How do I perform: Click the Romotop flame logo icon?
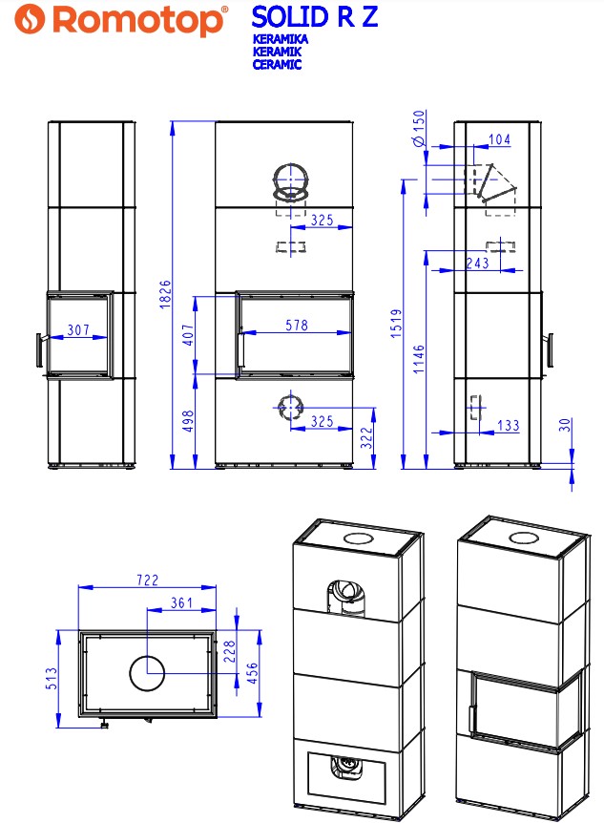pyautogui.click(x=30, y=19)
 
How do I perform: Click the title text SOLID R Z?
pyautogui.click(x=314, y=17)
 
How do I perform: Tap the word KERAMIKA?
pyautogui.click(x=280, y=39)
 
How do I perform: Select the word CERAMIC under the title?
pyautogui.click(x=277, y=65)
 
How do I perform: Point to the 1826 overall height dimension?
pyautogui.click(x=165, y=294)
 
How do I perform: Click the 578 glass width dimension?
pyautogui.click(x=297, y=326)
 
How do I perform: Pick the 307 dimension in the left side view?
pyautogui.click(x=78, y=329)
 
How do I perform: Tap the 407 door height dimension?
pyautogui.click(x=188, y=335)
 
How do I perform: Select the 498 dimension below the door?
pyautogui.click(x=188, y=421)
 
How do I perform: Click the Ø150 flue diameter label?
pyautogui.click(x=419, y=128)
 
